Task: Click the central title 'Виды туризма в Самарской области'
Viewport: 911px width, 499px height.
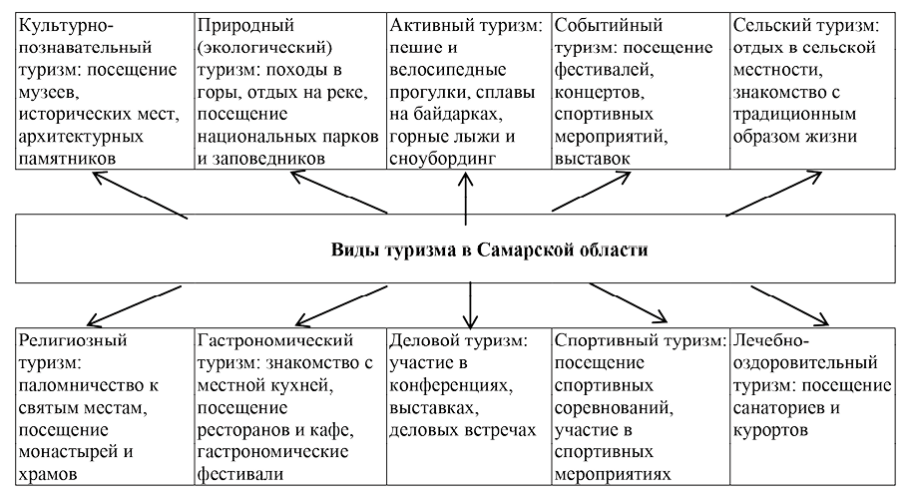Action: pos(490,249)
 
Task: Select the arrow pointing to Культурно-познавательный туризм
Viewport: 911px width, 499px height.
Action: pos(140,194)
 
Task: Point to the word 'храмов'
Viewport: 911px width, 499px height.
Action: pos(49,474)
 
